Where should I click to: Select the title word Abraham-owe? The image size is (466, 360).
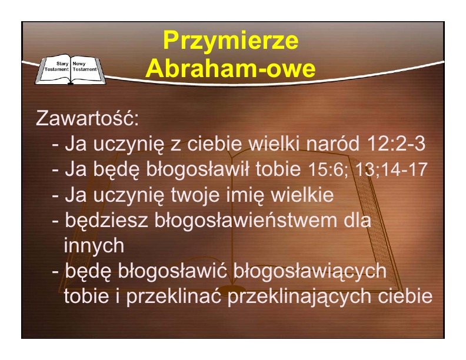230,68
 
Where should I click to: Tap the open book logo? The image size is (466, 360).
71,70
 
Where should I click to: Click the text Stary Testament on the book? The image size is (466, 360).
56,66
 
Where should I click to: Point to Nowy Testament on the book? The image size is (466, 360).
85,66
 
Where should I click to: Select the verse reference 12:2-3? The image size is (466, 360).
397,144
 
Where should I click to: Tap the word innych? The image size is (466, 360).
94,246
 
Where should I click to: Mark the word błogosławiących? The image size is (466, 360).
309,271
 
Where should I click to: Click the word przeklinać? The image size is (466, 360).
174,296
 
